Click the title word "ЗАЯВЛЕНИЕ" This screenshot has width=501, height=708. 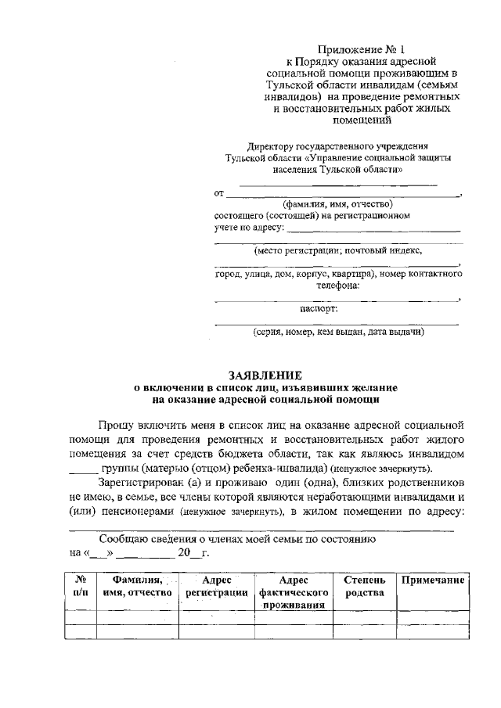click(x=265, y=375)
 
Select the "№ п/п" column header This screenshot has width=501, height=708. click(x=80, y=588)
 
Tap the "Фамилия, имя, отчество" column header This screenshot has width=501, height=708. click(x=137, y=588)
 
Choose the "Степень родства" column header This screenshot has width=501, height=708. click(x=365, y=588)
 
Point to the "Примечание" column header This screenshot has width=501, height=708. click(x=433, y=581)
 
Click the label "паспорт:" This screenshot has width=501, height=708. click(x=337, y=310)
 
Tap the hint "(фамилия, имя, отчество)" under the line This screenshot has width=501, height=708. click(x=337, y=204)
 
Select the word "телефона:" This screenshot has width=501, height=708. click(x=337, y=286)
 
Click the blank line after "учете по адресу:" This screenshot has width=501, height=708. click(x=373, y=230)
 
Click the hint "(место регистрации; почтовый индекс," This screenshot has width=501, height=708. click(x=337, y=251)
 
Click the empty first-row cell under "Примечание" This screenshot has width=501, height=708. click(x=433, y=617)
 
